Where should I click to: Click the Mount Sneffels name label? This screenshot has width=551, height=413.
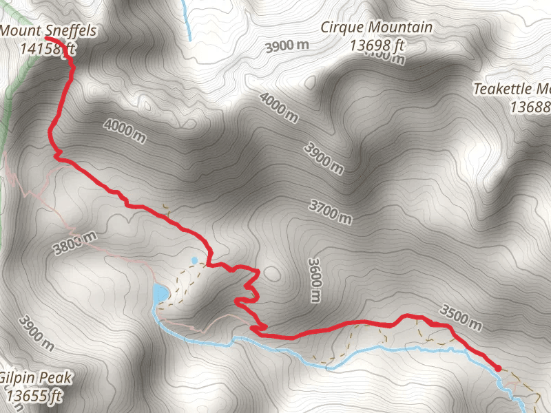tap(48, 30)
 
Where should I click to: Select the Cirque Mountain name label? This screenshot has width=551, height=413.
tap(377, 28)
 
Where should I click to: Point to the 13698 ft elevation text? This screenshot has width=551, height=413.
tap(377, 46)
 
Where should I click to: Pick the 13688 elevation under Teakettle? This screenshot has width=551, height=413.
tap(530, 107)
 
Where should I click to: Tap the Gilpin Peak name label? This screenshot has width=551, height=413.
tap(36, 378)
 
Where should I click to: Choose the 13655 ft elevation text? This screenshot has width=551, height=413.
tap(35, 396)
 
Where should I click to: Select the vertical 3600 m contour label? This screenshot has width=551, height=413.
tap(314, 280)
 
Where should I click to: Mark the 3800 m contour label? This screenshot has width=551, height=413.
tap(74, 242)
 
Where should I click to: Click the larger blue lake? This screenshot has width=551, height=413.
tap(160, 294)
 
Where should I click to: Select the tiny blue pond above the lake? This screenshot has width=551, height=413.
tap(194, 260)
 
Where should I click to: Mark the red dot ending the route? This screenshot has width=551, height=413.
tap(497, 368)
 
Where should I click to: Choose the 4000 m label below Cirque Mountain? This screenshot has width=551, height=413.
tap(280, 107)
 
